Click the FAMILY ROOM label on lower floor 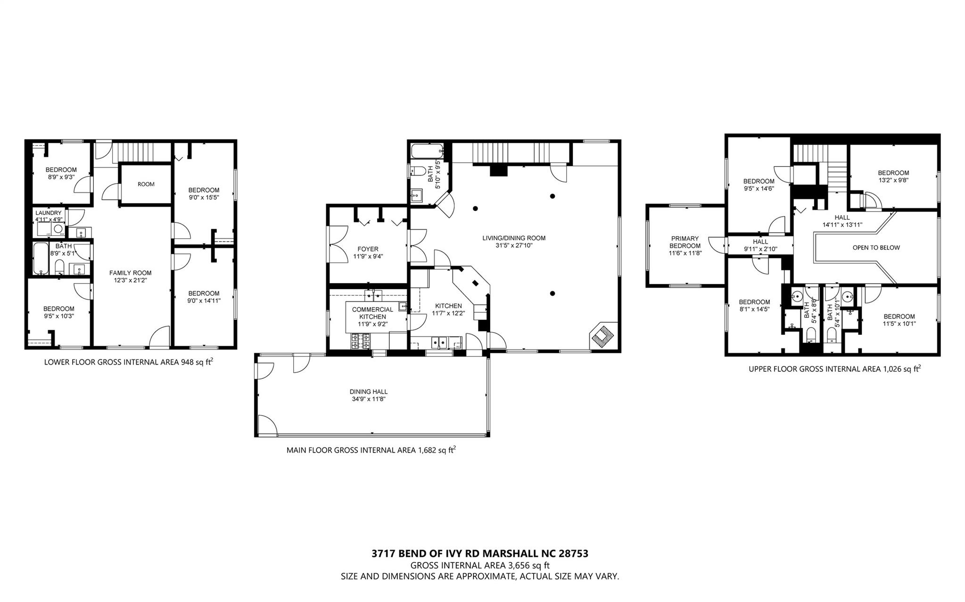[131, 273]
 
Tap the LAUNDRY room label [48, 213]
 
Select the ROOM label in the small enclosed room [146, 184]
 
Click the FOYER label [368, 249]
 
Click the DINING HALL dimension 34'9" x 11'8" [369, 399]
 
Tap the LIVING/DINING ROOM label [514, 238]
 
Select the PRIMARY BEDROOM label [685, 242]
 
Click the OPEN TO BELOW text [876, 247]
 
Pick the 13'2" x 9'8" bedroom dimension [893, 179]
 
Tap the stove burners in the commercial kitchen [361, 341]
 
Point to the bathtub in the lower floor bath [40, 258]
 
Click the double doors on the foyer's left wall [338, 244]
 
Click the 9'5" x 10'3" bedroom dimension [59, 316]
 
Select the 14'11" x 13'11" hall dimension [842, 225]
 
